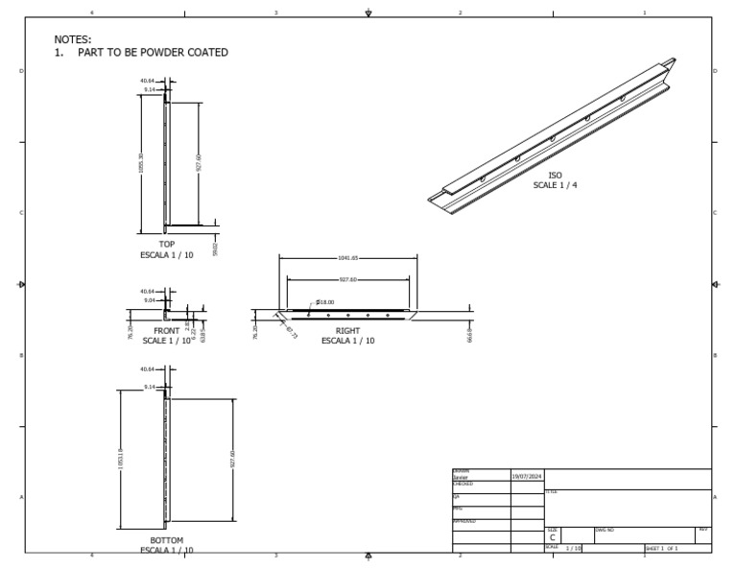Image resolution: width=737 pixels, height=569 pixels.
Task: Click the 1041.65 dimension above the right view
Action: [x=347, y=258]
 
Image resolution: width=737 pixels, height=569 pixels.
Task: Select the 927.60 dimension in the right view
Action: [x=347, y=280]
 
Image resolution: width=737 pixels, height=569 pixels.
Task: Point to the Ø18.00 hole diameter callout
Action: [x=324, y=301]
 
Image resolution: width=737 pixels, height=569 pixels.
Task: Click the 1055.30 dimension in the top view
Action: [x=141, y=163]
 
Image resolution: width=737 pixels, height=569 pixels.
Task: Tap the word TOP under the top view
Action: [x=167, y=245]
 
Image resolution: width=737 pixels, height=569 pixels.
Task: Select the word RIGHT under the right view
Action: [x=347, y=331]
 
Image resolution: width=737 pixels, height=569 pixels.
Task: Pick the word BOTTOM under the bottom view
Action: [x=167, y=541]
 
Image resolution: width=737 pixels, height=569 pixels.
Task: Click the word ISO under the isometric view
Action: [x=555, y=176]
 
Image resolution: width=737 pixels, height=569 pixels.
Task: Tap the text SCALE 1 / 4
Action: [x=555, y=185]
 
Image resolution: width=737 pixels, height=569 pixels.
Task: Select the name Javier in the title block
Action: [x=461, y=476]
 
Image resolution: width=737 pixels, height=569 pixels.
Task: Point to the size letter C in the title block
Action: [x=552, y=538]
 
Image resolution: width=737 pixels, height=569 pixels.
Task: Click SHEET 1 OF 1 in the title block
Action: [x=662, y=549]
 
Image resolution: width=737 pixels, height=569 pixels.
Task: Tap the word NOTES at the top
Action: [x=73, y=39]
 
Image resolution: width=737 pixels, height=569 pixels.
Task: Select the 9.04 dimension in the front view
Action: [x=148, y=299]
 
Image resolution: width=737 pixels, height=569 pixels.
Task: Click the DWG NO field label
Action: [x=605, y=529]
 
